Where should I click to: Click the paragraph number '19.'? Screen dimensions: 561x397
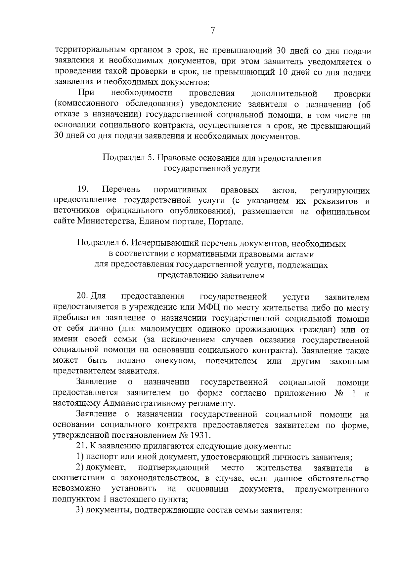coord(83,190)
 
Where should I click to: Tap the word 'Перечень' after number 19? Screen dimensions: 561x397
coord(121,190)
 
